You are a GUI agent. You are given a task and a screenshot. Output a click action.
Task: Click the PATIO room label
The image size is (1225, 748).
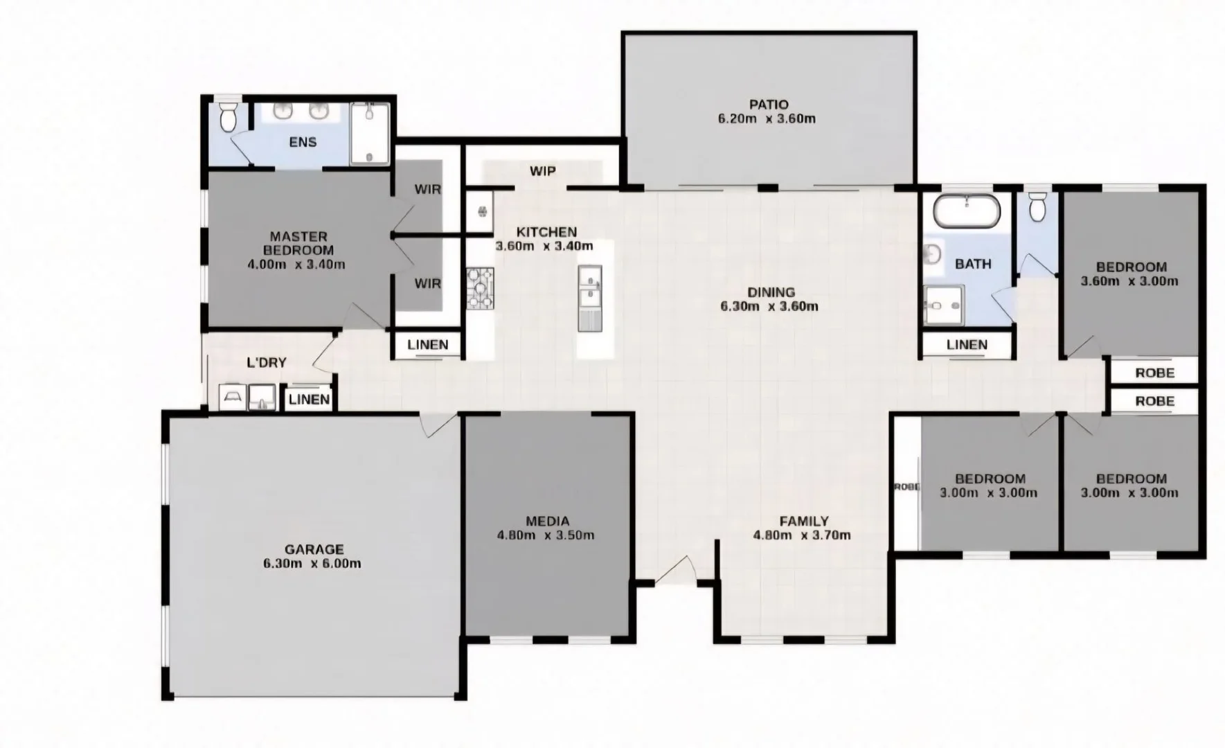[769, 105]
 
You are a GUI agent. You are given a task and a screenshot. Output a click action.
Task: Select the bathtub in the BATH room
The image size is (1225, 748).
[966, 211]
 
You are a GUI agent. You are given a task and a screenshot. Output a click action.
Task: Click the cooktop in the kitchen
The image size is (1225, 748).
[480, 287]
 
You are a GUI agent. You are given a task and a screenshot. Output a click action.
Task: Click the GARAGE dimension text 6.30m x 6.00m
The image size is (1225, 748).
[312, 564]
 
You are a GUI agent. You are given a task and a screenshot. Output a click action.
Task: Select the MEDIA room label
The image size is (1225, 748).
[547, 521]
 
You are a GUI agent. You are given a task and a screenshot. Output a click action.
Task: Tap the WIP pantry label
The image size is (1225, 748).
[542, 171]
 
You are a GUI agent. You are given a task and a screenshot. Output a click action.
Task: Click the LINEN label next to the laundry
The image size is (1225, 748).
[309, 400]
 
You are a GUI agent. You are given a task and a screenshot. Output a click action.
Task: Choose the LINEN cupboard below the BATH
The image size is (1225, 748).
[967, 345]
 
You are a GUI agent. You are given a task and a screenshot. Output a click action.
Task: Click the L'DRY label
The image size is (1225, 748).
[267, 362]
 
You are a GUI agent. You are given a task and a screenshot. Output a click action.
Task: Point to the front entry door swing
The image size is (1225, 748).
[675, 571]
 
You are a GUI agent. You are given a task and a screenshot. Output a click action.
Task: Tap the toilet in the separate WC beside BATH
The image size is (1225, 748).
[1037, 206]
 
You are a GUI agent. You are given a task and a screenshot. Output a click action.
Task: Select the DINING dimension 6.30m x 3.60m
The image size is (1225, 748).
[769, 306]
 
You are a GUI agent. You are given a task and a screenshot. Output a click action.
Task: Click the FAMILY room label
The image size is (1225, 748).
[803, 521]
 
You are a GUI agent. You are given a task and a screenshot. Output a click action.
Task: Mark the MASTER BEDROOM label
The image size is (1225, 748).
[298, 243]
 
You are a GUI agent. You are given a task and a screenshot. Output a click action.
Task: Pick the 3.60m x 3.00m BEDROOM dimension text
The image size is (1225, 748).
[1129, 281]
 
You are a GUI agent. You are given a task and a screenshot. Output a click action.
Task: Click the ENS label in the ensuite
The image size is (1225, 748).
[303, 142]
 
